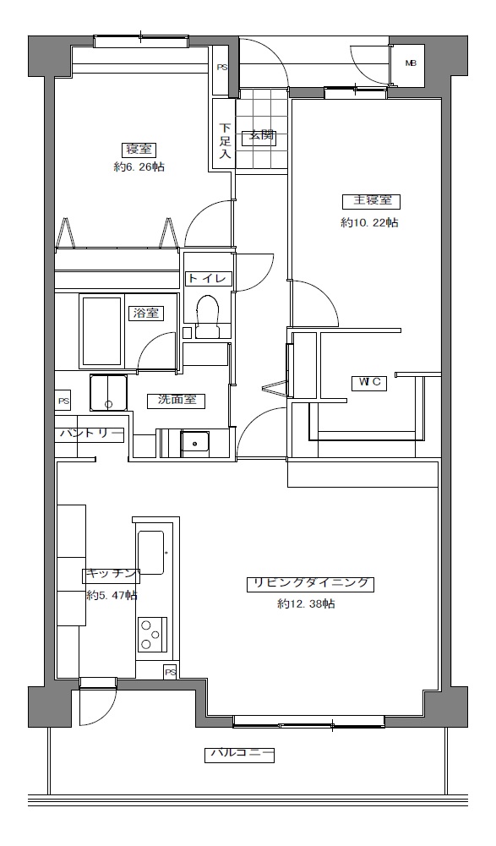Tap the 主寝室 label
(372, 200)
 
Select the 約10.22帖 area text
(370, 222)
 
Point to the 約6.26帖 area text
(139, 166)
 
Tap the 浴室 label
(145, 313)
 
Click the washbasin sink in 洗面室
(195, 444)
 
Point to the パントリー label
(91, 434)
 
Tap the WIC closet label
(370, 383)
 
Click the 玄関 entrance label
(262, 135)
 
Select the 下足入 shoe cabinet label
(225, 140)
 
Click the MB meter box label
(412, 63)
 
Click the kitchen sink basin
(150, 553)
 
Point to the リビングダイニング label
(310, 584)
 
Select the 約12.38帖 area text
(306, 603)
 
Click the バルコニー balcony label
(239, 754)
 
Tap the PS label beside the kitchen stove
(171, 672)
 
